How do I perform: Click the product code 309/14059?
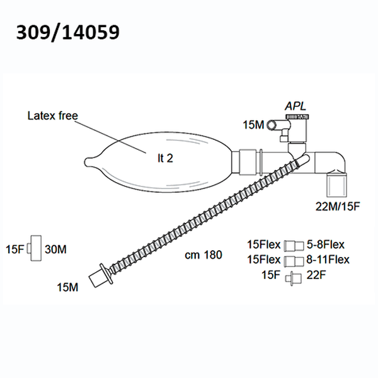[68, 33]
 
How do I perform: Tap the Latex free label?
[53, 116]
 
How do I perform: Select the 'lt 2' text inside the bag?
[165, 158]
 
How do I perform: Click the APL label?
[295, 106]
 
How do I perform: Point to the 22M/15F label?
[338, 207]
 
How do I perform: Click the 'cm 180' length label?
[203, 255]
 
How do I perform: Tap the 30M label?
[55, 249]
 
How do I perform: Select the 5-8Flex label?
[326, 244]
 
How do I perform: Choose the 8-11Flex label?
[328, 260]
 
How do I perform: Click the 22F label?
[316, 275]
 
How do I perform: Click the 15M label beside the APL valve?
[253, 125]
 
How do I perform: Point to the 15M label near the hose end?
[67, 287]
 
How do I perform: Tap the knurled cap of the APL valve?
[297, 117]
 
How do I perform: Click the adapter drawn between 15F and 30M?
[35, 248]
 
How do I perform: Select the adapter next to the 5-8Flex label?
[294, 246]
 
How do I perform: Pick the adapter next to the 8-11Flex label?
[294, 261]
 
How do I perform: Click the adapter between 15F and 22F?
[293, 278]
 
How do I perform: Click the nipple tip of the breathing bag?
[88, 162]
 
